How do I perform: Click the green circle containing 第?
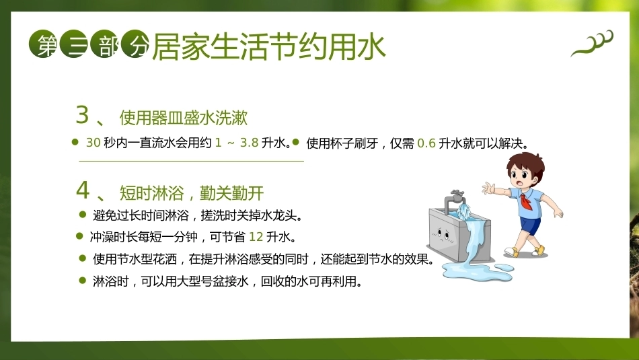(x=43, y=44)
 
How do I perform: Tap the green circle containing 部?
(x=105, y=44)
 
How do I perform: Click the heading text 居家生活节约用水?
(x=269, y=46)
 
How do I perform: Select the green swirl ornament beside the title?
(x=592, y=43)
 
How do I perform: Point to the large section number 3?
(x=82, y=114)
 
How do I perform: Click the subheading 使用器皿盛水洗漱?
(x=184, y=117)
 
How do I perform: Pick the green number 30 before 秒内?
(x=93, y=142)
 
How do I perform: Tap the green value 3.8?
(x=250, y=142)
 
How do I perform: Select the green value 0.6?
(x=426, y=143)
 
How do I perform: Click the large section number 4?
(x=83, y=190)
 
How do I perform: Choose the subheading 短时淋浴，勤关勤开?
(x=192, y=193)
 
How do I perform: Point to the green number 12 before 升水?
(x=256, y=236)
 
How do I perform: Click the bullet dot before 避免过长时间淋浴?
(x=83, y=214)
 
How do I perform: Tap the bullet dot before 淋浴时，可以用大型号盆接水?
(x=83, y=280)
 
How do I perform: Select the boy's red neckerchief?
(x=525, y=201)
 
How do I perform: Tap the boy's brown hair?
(x=527, y=163)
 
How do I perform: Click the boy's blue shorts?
(x=529, y=226)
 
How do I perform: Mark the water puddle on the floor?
(x=478, y=271)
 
